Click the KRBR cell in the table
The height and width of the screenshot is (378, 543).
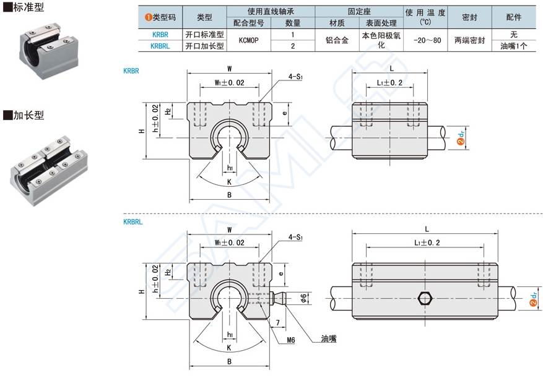click(160, 35)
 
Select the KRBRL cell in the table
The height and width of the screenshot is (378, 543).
click(160, 46)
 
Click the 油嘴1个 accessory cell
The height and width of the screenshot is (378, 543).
click(513, 46)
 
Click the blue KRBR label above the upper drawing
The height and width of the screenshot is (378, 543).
click(131, 71)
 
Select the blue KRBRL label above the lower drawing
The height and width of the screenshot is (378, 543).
click(133, 221)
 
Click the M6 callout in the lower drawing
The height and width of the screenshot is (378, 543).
click(291, 340)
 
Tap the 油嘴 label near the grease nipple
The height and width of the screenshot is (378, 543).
click(329, 338)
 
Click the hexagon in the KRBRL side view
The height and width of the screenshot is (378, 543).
click(425, 299)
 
